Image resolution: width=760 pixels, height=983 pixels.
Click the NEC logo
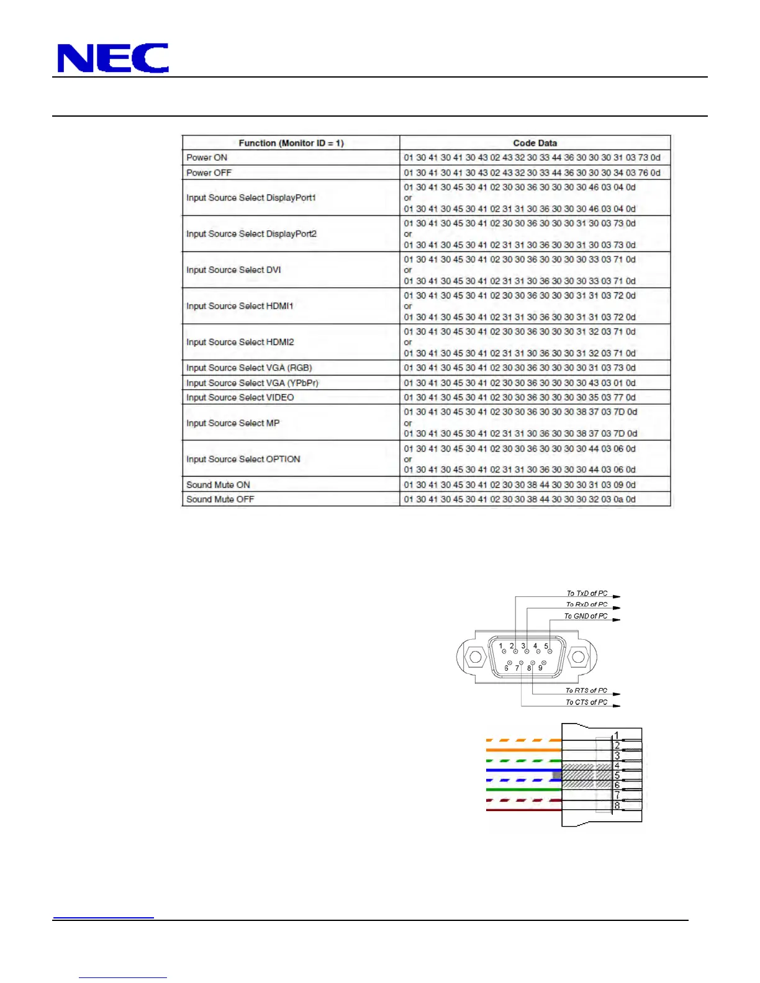pyautogui.click(x=112, y=58)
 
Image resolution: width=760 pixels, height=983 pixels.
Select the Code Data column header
pyautogui.click(x=535, y=143)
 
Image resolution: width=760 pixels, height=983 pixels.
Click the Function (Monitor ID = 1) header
pyautogui.click(x=291, y=143)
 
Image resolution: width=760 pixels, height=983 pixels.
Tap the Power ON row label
pyautogui.click(x=207, y=158)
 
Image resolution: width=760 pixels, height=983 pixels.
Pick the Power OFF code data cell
pyautogui.click(x=532, y=173)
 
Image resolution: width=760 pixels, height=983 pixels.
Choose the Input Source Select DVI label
pyautogui.click(x=233, y=270)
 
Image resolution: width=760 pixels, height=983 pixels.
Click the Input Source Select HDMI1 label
pyautogui.click(x=240, y=306)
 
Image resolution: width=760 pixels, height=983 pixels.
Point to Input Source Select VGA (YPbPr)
pyautogui.click(x=252, y=383)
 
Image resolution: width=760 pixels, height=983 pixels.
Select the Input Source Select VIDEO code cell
pyautogui.click(x=519, y=397)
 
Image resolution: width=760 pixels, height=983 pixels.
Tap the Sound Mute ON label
pyautogui.click(x=218, y=485)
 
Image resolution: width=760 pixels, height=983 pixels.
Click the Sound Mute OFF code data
pyautogui.click(x=519, y=499)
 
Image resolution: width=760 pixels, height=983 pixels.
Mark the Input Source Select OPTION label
pyautogui.click(x=243, y=459)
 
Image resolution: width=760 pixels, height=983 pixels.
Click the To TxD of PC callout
pyautogui.click(x=587, y=593)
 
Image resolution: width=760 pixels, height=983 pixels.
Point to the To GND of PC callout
pyautogui.click(x=586, y=616)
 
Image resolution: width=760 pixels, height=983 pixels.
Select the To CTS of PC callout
pyautogui.click(x=586, y=702)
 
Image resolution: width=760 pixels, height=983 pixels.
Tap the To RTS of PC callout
pyautogui.click(x=586, y=691)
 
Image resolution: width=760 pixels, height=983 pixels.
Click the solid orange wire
pyautogui.click(x=523, y=750)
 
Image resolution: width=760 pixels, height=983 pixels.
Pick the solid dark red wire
pyautogui.click(x=523, y=810)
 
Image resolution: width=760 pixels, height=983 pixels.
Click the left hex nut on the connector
pyautogui.click(x=475, y=657)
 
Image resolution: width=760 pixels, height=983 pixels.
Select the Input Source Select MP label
pyautogui.click(x=233, y=423)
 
